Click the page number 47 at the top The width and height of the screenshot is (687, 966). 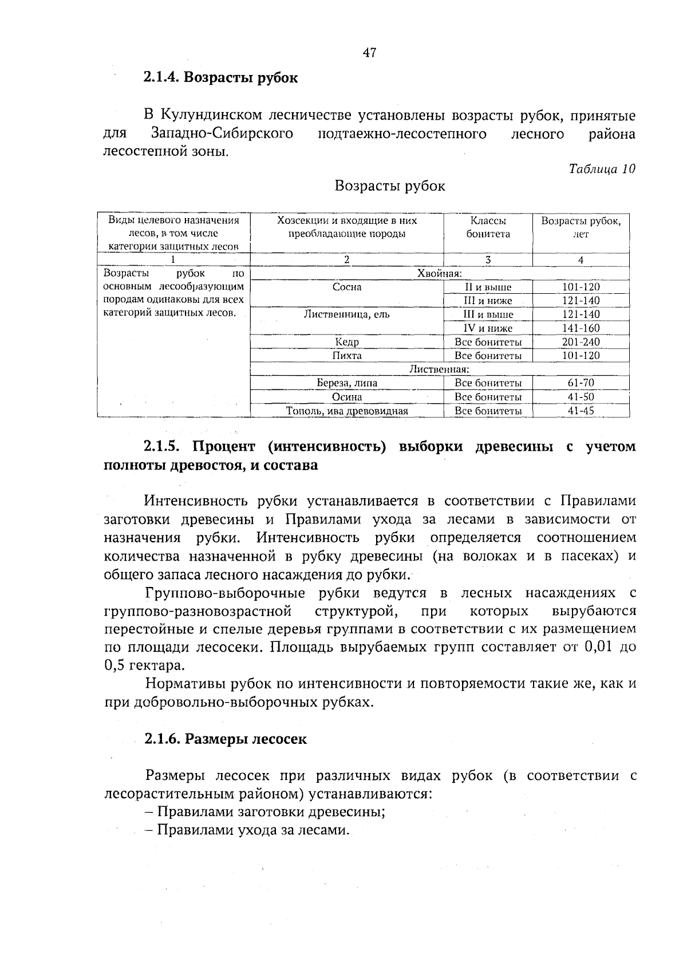point(369,53)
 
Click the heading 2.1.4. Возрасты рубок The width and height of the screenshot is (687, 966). point(220,77)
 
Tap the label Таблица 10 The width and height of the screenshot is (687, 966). point(602,169)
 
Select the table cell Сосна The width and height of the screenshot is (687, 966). point(347,287)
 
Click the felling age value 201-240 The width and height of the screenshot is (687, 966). point(581,342)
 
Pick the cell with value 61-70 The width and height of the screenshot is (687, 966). point(581,383)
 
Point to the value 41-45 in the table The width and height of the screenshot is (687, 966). point(581,411)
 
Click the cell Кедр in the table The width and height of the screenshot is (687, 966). point(347,342)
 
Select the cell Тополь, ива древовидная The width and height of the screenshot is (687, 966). point(347,411)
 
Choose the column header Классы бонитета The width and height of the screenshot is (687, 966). point(488,227)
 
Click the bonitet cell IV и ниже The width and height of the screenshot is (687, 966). point(488,328)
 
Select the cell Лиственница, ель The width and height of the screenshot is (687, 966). point(347,314)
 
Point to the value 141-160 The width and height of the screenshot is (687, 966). point(581,328)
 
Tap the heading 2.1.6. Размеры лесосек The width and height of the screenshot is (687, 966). point(225,739)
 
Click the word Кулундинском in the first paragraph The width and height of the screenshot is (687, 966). point(211,116)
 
